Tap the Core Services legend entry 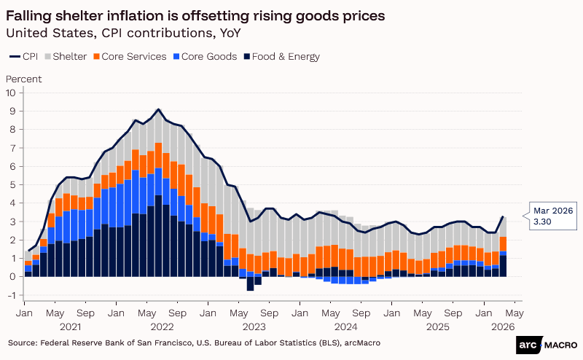tap(134, 56)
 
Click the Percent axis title tap(23, 79)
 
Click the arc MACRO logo tap(547, 344)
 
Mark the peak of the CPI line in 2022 tap(159, 109)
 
